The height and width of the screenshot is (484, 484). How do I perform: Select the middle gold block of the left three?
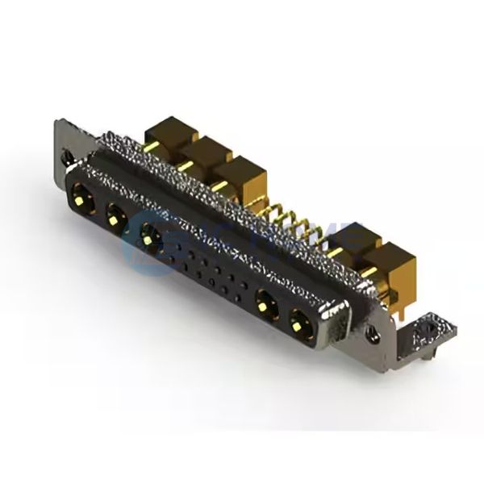click(205, 152)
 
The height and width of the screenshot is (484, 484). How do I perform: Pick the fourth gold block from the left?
click(355, 239)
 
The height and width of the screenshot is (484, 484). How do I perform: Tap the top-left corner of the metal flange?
click(59, 123)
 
